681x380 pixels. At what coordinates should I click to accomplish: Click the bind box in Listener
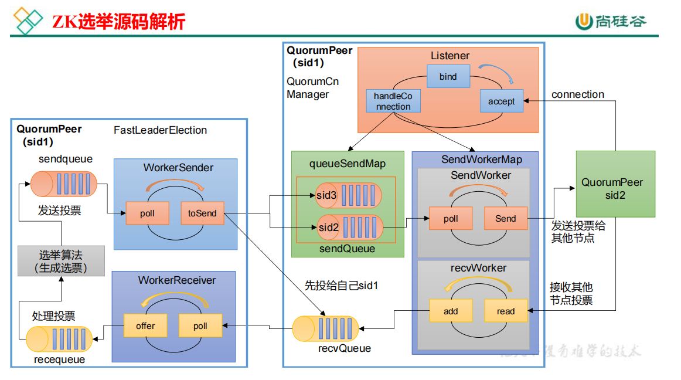(448, 76)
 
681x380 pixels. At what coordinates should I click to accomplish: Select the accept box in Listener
(501, 101)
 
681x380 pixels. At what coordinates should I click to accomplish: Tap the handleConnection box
(393, 101)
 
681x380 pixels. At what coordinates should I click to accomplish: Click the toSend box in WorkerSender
(202, 213)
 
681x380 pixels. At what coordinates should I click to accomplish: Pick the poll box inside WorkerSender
(147, 213)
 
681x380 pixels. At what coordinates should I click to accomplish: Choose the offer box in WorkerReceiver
(145, 326)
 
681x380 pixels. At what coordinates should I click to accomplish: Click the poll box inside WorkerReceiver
(200, 326)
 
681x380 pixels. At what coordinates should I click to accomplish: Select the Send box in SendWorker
(505, 219)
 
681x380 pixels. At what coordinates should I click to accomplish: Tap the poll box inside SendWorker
(451, 219)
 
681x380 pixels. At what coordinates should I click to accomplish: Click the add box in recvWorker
(451, 311)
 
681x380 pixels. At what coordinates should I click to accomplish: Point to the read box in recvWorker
(505, 311)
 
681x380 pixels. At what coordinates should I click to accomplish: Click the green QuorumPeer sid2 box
(615, 184)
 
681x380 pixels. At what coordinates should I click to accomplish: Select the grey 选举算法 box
(61, 261)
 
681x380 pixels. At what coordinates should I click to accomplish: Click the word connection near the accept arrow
(577, 94)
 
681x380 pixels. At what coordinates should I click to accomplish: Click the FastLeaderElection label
(160, 130)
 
